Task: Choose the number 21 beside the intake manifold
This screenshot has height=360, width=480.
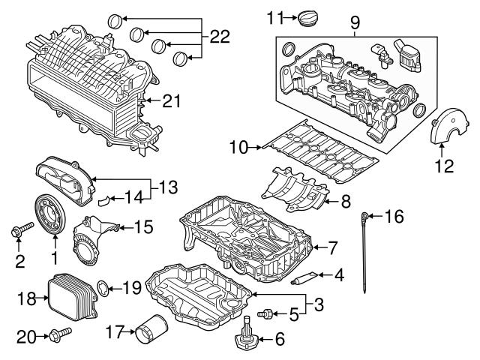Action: click(172, 100)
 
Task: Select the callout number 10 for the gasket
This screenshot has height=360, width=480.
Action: click(238, 148)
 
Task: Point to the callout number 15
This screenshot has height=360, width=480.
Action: click(142, 225)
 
